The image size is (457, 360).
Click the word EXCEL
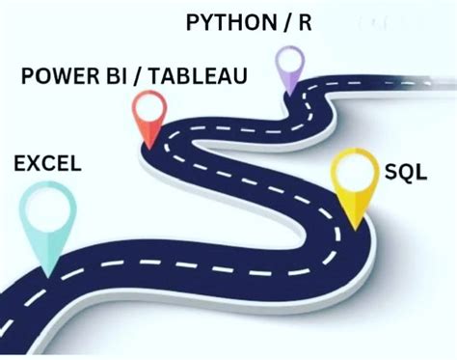pyautogui.click(x=47, y=165)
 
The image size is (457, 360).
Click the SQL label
pyautogui.click(x=406, y=172)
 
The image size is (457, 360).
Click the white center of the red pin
pyautogui.click(x=150, y=107)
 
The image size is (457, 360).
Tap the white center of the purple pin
pyautogui.click(x=290, y=61)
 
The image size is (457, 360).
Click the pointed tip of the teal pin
pyautogui.click(x=44, y=275)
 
